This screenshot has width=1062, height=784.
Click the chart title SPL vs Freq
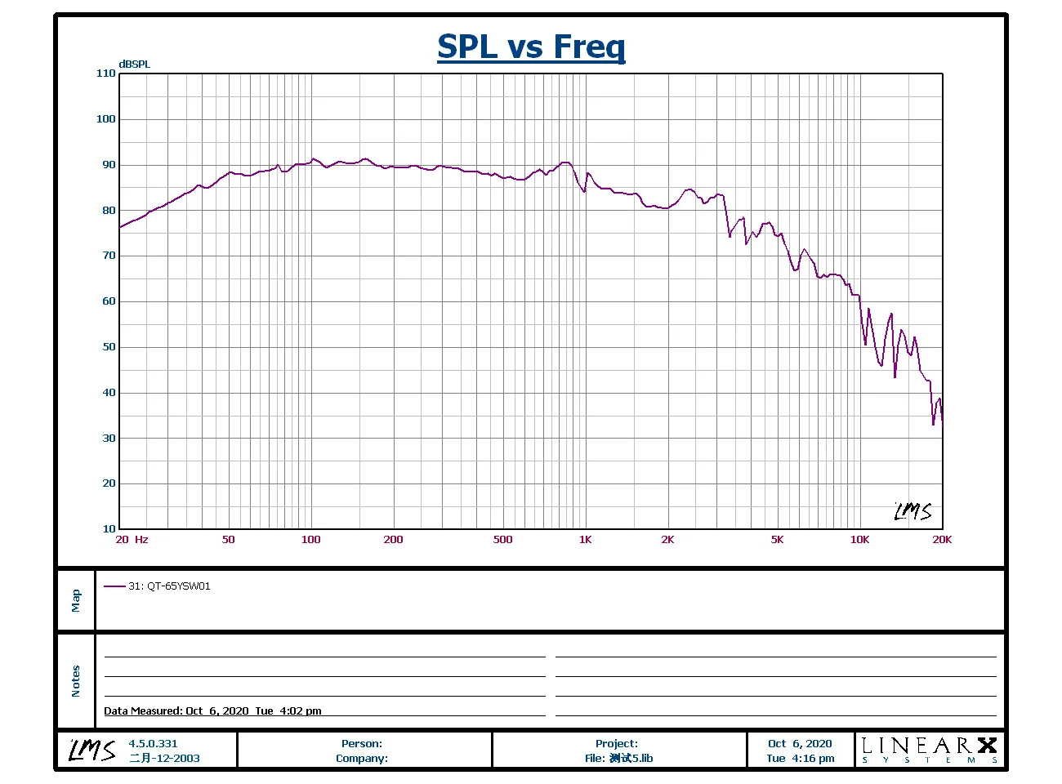click(x=531, y=47)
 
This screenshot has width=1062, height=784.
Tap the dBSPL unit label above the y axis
click(x=135, y=65)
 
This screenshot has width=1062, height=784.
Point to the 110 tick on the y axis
click(x=106, y=73)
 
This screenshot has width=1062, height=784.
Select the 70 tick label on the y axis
click(x=109, y=256)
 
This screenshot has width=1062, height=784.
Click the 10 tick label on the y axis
click(x=109, y=529)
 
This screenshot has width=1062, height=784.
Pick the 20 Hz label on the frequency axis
click(x=132, y=540)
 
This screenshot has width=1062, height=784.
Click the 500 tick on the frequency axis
click(x=503, y=540)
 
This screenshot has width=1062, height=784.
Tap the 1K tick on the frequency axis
click(x=585, y=540)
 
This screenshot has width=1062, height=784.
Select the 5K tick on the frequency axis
click(x=777, y=540)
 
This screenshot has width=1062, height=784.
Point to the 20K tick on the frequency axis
click(x=942, y=540)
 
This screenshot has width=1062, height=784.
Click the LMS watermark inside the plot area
click(x=913, y=512)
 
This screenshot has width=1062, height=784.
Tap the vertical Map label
click(x=76, y=600)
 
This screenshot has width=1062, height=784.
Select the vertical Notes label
click(x=76, y=681)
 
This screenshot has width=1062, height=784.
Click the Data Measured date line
click(x=212, y=710)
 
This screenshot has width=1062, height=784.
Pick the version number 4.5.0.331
click(x=153, y=744)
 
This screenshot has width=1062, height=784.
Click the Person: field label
click(x=362, y=744)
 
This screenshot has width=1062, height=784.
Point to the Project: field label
click(x=617, y=744)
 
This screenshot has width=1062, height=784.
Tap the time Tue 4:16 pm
click(x=801, y=759)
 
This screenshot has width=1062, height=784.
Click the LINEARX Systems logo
click(x=930, y=749)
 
